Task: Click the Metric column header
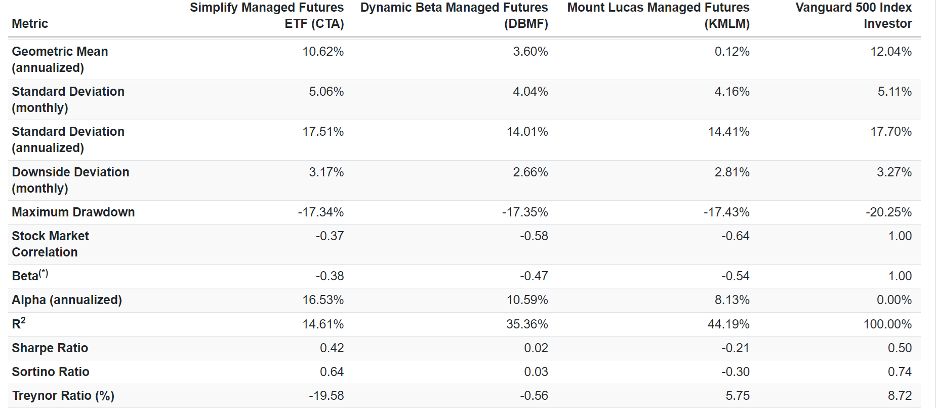click(x=30, y=24)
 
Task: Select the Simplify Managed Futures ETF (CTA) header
click(x=267, y=16)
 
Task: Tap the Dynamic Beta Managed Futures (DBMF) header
click(x=454, y=16)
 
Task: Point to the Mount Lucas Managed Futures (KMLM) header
click(x=658, y=16)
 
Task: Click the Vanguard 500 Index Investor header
click(x=853, y=16)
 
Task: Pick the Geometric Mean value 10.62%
click(x=323, y=52)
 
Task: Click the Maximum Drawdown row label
click(x=73, y=212)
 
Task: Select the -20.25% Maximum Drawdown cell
click(x=888, y=212)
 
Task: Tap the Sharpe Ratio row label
click(x=50, y=348)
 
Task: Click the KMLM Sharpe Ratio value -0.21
click(x=735, y=348)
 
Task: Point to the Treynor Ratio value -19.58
click(x=326, y=396)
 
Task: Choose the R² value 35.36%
click(x=527, y=324)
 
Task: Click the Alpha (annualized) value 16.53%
click(x=323, y=300)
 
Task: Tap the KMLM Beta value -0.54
click(x=735, y=276)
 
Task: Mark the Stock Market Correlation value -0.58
click(x=534, y=236)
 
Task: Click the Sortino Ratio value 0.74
click(x=900, y=372)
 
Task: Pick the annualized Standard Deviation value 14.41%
click(x=728, y=132)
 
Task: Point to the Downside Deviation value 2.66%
click(x=530, y=172)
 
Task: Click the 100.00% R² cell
click(x=887, y=324)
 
